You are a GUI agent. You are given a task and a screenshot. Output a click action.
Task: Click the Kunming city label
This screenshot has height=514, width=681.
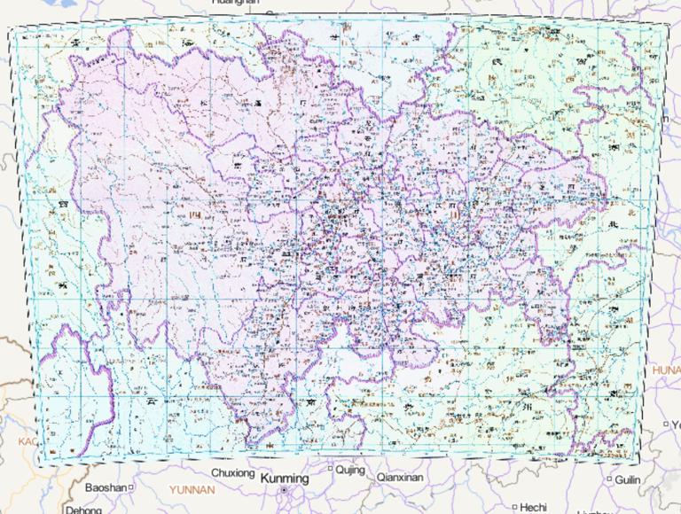coord(286,478)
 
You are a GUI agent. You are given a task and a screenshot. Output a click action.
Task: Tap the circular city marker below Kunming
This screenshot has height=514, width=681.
coord(284,490)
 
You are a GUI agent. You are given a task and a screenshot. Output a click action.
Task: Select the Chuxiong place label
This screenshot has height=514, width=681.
coord(232,472)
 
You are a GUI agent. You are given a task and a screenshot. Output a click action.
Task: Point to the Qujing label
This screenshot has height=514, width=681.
coord(350,469)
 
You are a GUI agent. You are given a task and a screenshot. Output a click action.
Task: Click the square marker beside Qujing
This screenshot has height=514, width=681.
coord(331,469)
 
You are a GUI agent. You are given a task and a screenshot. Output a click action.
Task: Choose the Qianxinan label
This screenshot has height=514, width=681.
coord(400,477)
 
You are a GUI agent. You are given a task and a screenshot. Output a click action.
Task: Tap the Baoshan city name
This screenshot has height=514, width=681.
coord(106,487)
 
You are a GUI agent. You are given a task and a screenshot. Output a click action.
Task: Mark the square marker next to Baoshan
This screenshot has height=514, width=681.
coord(130,487)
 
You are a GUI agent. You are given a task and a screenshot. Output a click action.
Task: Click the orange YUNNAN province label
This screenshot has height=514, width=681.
coord(192,488)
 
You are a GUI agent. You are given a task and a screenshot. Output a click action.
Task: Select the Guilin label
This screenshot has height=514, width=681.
coord(627,479)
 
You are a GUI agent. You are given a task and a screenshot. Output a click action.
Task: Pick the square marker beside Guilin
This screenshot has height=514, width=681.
coord(609,479)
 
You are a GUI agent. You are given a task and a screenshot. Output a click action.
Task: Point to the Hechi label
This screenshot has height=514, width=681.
coord(533,507)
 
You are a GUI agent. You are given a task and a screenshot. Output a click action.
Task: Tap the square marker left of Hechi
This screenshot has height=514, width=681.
coord(514,507)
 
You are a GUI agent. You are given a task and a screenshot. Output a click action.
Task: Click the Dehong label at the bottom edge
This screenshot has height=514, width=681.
coord(83,510)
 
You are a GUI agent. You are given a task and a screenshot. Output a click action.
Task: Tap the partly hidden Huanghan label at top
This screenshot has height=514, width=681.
coord(235,4)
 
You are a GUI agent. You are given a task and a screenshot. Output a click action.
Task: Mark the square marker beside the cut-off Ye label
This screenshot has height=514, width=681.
coord(665,424)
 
